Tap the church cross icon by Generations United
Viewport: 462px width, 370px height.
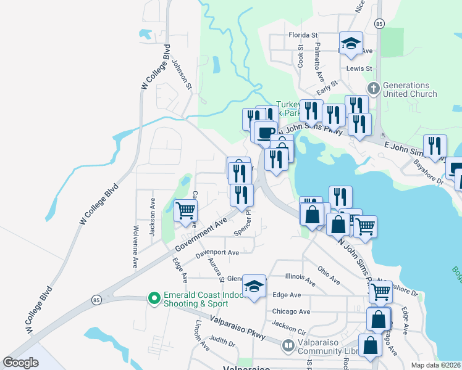click(373, 87)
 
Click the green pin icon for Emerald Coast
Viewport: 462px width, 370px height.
click(154, 298)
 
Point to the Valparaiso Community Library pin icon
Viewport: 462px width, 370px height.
click(287, 347)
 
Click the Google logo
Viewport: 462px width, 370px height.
click(20, 363)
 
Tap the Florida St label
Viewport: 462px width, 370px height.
click(303, 35)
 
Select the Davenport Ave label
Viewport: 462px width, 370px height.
click(217, 253)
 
